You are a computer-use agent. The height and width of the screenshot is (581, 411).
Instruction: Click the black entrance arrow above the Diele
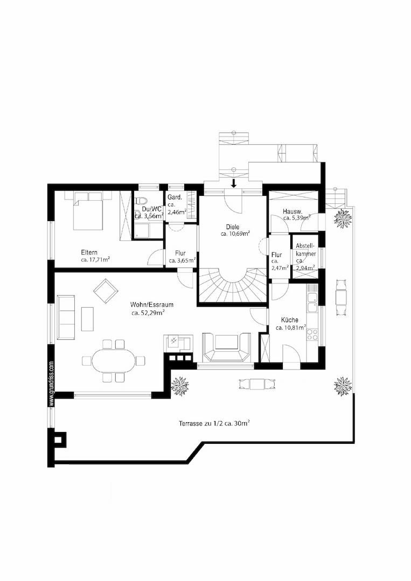click(234, 183)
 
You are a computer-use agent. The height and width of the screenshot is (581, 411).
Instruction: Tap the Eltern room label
click(89, 253)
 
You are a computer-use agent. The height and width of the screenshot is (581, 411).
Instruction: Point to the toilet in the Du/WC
click(141, 201)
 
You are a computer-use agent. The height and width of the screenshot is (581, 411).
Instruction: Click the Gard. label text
click(174, 197)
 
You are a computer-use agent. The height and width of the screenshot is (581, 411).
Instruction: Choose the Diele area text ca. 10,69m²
click(235, 233)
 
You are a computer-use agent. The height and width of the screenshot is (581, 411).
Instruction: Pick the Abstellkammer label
click(305, 251)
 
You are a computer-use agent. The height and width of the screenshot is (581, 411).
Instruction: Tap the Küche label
click(290, 320)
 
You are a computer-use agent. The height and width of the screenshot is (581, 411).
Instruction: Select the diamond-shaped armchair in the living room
click(106, 291)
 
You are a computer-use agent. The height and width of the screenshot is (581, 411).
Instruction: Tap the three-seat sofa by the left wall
click(66, 317)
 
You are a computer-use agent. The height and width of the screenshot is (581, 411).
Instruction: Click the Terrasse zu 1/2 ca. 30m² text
click(214, 423)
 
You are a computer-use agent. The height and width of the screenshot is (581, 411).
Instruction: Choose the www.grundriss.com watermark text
click(52, 384)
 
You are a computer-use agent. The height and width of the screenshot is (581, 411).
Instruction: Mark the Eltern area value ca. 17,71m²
click(95, 260)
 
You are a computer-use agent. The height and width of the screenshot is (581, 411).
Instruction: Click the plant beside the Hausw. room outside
click(343, 219)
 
